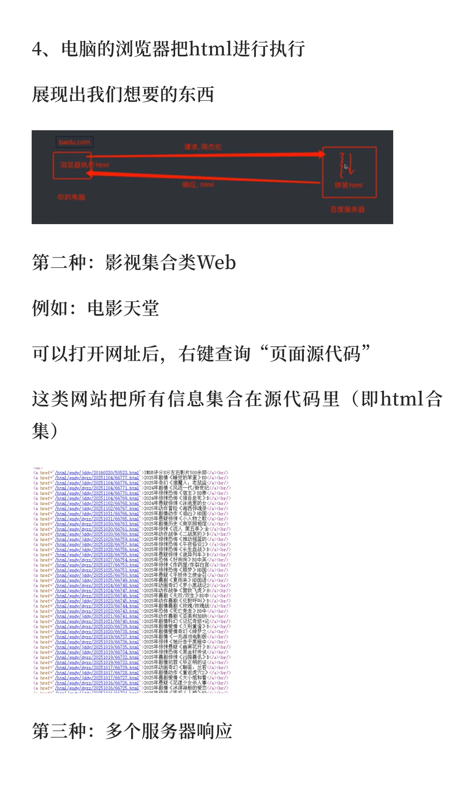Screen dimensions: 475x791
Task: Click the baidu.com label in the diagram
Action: pyautogui.click(x=74, y=142)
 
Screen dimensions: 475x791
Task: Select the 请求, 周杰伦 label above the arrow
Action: pyautogui.click(x=203, y=147)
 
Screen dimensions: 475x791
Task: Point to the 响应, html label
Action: pyautogui.click(x=198, y=185)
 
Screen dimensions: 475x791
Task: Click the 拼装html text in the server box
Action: pyautogui.click(x=348, y=185)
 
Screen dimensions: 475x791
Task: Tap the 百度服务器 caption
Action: pyautogui.click(x=347, y=210)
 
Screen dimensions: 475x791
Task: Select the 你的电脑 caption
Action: pyautogui.click(x=71, y=197)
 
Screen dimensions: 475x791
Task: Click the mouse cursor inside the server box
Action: pyautogui.click(x=346, y=167)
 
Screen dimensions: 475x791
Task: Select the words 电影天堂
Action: pyautogui.click(x=123, y=308)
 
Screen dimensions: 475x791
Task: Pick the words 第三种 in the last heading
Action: pyautogui.click(x=59, y=731)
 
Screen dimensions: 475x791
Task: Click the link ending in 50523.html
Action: pyautogui.click(x=97, y=473)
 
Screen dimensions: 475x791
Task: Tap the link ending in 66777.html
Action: pyautogui.click(x=97, y=478)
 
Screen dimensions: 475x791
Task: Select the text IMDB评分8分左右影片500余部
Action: pyautogui.click(x=175, y=473)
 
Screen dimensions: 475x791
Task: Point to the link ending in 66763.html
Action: pyautogui.click(x=97, y=524)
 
